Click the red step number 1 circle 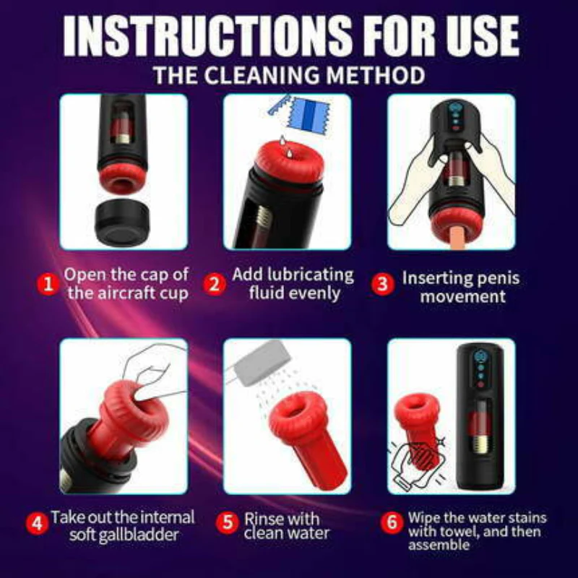(x=48, y=284)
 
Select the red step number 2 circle (x=214, y=284)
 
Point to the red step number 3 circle (x=383, y=284)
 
